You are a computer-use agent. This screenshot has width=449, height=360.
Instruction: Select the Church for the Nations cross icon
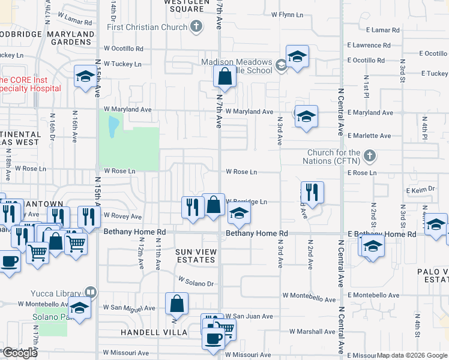tap(370, 156)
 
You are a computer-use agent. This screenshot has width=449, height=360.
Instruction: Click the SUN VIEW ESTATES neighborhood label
tap(196, 256)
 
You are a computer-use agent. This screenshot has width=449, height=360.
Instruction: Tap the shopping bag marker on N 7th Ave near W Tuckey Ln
tap(224, 77)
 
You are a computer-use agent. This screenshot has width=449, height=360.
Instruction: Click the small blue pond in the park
tap(113, 126)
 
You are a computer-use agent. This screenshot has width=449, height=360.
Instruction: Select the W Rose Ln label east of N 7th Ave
tap(241, 172)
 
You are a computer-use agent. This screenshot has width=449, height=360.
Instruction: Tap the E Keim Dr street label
tap(419, 190)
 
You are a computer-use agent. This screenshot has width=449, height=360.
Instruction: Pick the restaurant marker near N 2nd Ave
tap(312, 193)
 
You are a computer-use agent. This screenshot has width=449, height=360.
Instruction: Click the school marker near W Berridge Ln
tap(239, 212)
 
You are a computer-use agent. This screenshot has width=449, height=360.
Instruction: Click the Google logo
tap(20, 353)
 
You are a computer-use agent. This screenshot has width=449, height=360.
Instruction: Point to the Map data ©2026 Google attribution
tap(411, 355)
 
